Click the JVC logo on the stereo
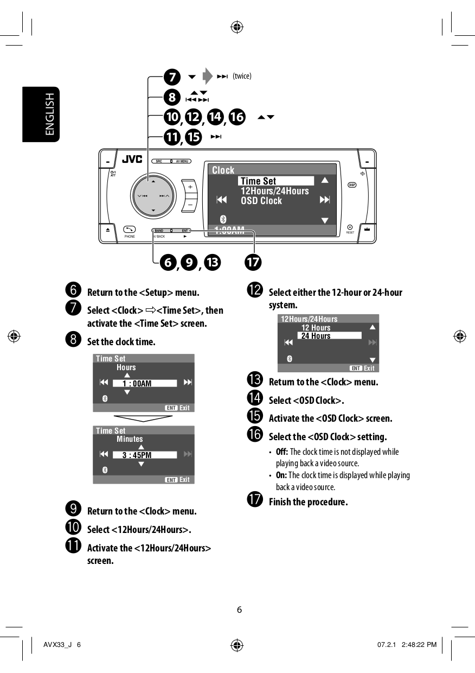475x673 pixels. (x=132, y=160)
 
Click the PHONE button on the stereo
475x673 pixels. (x=130, y=230)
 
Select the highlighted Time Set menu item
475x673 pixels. (x=275, y=181)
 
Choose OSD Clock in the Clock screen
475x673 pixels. (x=261, y=201)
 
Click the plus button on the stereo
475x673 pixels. (x=190, y=187)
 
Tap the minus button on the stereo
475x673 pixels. (x=190, y=205)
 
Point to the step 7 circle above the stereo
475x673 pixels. (x=172, y=77)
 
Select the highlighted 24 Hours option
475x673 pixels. (x=329, y=336)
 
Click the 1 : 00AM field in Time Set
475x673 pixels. (x=144, y=383)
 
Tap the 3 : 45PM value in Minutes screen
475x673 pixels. (x=144, y=455)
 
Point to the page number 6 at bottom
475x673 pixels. (x=239, y=609)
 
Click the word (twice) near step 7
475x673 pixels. (x=242, y=76)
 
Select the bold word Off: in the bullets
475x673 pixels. (x=281, y=452)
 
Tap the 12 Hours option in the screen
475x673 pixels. (x=316, y=328)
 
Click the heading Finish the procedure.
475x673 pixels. (x=308, y=501)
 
